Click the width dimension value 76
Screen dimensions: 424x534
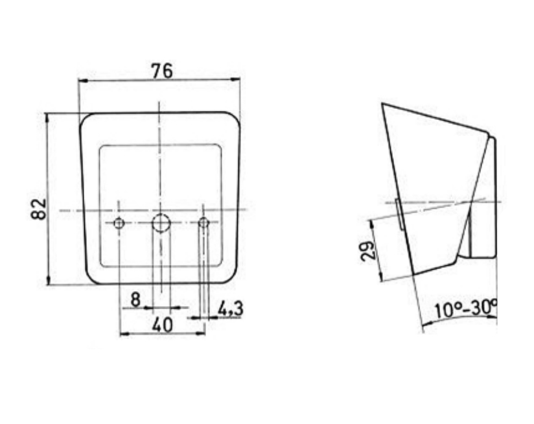161,71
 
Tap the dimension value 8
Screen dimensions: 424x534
135,300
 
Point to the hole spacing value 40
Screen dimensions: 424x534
162,325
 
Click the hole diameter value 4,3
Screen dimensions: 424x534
230,309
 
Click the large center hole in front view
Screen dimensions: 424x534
160,224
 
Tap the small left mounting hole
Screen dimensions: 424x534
119,224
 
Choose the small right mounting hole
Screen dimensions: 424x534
204,224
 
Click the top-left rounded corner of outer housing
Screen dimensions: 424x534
86,119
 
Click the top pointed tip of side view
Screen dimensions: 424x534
383,104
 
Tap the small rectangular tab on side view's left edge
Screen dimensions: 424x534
397,214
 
